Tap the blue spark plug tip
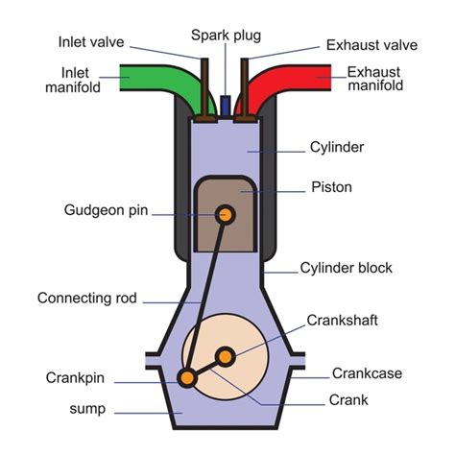click(225, 103)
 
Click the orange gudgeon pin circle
click(226, 214)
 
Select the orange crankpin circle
click(188, 378)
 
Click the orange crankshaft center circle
click(226, 357)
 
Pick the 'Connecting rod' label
click(88, 298)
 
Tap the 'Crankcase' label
click(367, 373)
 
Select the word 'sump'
click(87, 409)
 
